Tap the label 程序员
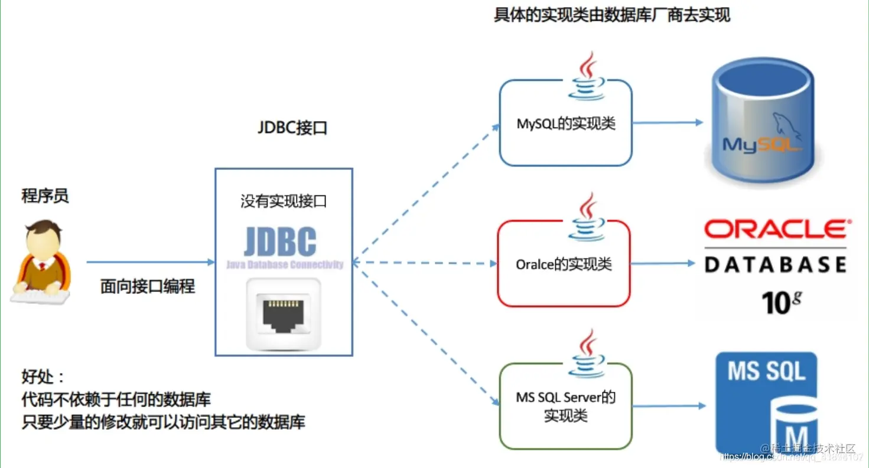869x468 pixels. click(x=45, y=196)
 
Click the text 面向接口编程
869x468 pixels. click(x=148, y=287)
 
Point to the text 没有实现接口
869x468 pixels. click(x=284, y=201)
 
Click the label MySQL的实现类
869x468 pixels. click(x=566, y=124)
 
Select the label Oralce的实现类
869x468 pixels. click(x=564, y=264)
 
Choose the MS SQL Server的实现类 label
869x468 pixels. click(x=565, y=406)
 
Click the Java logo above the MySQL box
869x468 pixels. click(x=587, y=77)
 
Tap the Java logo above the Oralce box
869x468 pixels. click(x=587, y=217)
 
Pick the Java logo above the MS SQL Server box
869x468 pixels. click(x=587, y=354)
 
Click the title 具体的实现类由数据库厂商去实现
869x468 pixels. click(x=612, y=15)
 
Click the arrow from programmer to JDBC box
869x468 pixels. click(x=151, y=262)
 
